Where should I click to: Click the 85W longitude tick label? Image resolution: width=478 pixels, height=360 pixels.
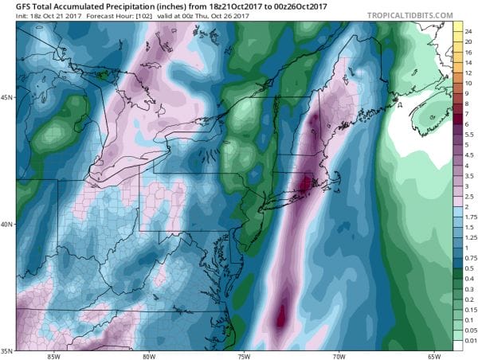[x=54, y=354]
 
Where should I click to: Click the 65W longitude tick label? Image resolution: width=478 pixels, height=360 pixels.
[x=436, y=354]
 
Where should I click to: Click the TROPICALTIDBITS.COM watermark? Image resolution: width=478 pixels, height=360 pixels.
[x=406, y=15]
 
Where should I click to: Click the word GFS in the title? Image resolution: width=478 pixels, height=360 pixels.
[x=12, y=6]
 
